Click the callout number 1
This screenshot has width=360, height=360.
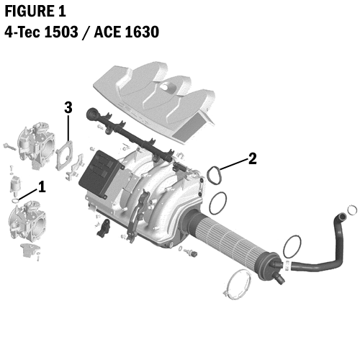click(42, 186)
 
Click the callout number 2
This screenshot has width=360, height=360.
click(253, 158)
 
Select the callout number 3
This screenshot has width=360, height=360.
click(68, 108)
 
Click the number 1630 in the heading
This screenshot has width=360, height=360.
click(137, 32)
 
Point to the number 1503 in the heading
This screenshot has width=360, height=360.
click(63, 32)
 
